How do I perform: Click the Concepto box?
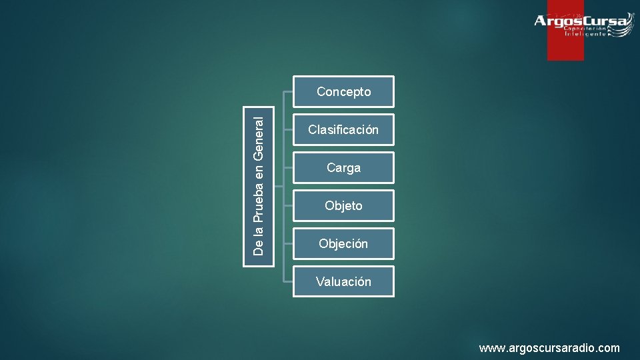343,92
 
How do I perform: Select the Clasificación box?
343,130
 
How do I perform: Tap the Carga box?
343,168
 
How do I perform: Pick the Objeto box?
343,206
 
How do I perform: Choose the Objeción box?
343,244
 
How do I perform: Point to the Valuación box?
343,282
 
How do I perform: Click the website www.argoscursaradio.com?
549,348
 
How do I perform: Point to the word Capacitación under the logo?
586,29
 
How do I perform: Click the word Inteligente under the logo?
586,34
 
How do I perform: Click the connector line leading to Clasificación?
288,130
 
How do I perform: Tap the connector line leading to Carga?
288,168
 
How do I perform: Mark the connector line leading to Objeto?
288,206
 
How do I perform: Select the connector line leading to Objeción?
288,244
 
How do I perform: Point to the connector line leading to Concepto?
288,92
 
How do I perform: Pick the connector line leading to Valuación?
288,282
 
